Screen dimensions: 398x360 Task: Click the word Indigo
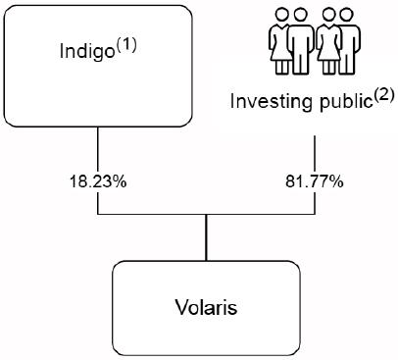pyautogui.click(x=87, y=52)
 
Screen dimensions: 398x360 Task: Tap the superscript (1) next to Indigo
pyautogui.click(x=126, y=47)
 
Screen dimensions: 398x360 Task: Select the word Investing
pyautogui.click(x=271, y=102)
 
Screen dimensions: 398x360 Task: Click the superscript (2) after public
pyautogui.click(x=383, y=98)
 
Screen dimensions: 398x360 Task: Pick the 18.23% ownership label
pyautogui.click(x=98, y=181)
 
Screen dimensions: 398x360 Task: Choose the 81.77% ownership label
pyautogui.click(x=315, y=181)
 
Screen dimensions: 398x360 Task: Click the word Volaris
pyautogui.click(x=206, y=307)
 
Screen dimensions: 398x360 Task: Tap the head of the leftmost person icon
pyautogui.click(x=281, y=15)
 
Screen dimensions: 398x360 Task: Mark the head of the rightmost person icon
pyautogui.click(x=346, y=15)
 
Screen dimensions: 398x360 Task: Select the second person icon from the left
pyautogui.click(x=301, y=41)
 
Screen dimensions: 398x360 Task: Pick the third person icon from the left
pyautogui.click(x=328, y=41)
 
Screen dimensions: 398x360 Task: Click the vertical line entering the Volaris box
pyautogui.click(x=206, y=237)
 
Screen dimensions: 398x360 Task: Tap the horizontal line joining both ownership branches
pyautogui.click(x=207, y=215)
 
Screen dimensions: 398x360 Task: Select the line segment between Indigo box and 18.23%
pyautogui.click(x=98, y=150)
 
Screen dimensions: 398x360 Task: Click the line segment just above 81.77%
pyautogui.click(x=315, y=155)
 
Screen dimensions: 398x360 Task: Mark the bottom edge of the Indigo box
pyautogui.click(x=98, y=127)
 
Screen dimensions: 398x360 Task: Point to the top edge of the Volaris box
pyautogui.click(x=206, y=261)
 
